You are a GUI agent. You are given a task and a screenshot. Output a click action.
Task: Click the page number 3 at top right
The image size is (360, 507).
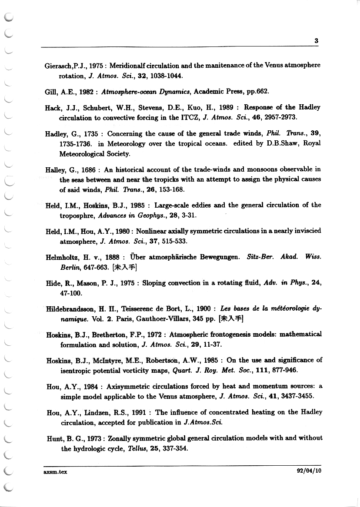(317, 41)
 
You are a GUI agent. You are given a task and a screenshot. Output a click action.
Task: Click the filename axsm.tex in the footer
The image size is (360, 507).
(55, 471)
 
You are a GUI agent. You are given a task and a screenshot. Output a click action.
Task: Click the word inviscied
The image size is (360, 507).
(306, 231)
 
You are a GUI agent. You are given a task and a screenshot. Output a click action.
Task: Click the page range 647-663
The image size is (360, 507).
(91, 267)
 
